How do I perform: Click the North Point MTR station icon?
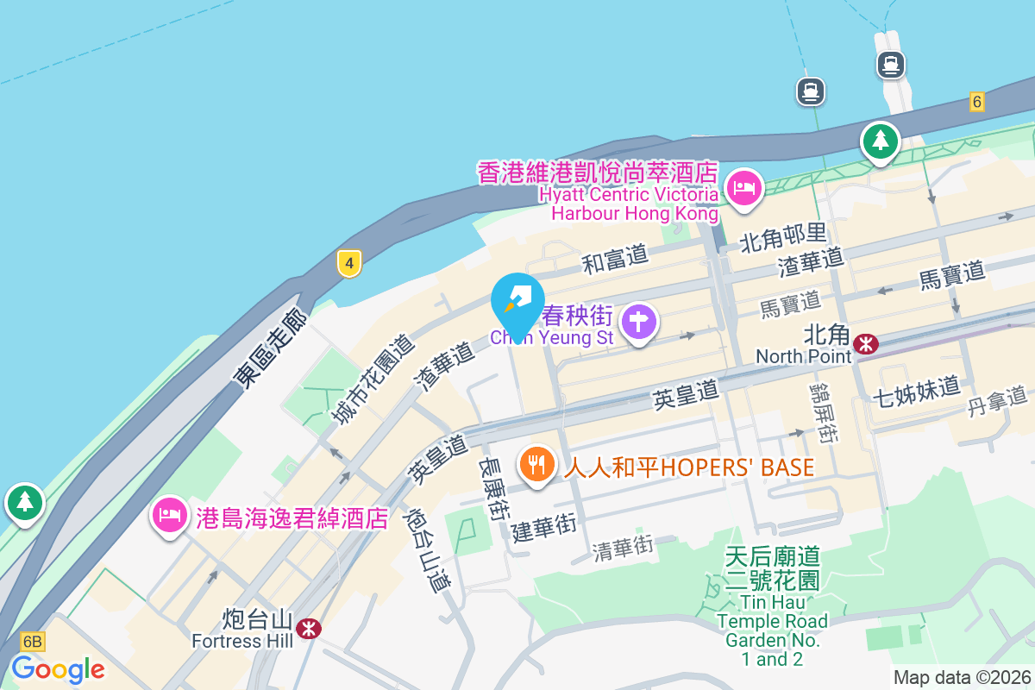[x=865, y=345]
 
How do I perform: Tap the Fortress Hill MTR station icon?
[x=308, y=628]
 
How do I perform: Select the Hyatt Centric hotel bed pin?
[x=743, y=187]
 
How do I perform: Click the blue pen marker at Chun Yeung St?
[x=517, y=302]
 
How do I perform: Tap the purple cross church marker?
[x=639, y=322]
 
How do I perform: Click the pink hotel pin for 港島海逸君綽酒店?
[x=170, y=516]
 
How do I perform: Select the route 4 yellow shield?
[x=348, y=263]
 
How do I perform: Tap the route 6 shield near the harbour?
[x=976, y=102]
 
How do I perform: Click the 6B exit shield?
[x=32, y=642]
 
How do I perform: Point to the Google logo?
[x=58, y=668]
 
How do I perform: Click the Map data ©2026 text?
[x=962, y=677]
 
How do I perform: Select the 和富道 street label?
[x=615, y=260]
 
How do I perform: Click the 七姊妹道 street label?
[x=916, y=390]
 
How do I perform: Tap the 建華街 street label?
[x=543, y=527]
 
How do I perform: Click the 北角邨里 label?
[x=784, y=234]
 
